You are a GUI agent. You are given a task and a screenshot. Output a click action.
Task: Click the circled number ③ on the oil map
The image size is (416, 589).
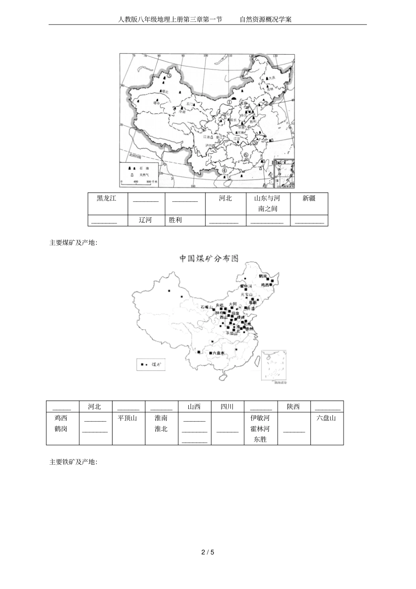[168, 77]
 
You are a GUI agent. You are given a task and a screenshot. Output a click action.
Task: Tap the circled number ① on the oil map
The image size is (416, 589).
[229, 103]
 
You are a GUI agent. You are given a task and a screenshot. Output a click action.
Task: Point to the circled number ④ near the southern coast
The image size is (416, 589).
[225, 171]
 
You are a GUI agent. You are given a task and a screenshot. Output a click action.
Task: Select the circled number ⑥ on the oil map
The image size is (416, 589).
[246, 155]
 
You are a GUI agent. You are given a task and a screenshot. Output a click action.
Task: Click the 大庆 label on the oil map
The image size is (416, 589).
[272, 78]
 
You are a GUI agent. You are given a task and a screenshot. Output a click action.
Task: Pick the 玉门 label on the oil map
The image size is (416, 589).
[189, 104]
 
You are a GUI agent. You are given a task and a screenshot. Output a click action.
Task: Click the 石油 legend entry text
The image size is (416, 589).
[141, 169]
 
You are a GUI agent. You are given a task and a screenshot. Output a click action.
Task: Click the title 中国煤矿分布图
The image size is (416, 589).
[209, 258]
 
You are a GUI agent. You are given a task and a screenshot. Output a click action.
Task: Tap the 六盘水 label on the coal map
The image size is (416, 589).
[217, 353]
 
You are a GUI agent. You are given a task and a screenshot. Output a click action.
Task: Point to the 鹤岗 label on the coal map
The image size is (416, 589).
[263, 276]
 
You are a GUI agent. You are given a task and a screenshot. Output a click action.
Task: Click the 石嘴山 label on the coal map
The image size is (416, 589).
[206, 307]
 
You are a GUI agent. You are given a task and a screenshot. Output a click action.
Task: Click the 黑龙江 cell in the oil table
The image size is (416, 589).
[107, 198]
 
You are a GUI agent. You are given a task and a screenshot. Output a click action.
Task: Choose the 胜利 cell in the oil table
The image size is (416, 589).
[175, 220]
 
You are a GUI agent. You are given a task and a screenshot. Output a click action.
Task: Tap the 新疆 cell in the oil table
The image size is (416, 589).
[309, 198]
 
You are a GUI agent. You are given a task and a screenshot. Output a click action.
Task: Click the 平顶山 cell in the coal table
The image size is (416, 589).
[127, 418]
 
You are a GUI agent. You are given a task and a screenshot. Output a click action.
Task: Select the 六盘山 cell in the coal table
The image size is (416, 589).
[326, 418]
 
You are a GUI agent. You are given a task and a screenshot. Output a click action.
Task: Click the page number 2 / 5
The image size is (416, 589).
[208, 552]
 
